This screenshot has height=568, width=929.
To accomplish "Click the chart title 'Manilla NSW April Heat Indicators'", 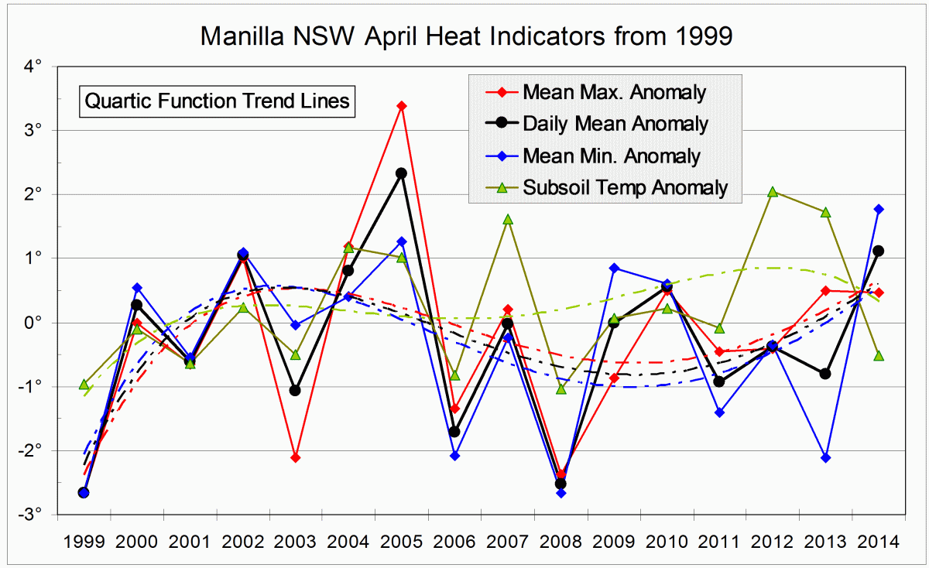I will point(465,36).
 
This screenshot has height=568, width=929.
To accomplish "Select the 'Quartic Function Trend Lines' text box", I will point(218,101).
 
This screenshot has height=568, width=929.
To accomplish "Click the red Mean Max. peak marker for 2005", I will point(401,105).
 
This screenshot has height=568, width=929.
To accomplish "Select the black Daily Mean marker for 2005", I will point(401,173).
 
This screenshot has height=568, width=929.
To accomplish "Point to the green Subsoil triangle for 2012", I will point(773,192).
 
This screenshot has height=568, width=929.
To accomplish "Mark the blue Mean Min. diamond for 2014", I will point(878,209).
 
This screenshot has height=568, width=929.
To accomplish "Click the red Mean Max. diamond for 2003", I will point(295,458).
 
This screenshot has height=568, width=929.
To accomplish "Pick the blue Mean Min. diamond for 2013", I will point(825,458).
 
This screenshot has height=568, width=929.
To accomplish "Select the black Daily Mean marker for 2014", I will point(878,251).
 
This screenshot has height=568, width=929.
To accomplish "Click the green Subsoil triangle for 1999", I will point(84,384).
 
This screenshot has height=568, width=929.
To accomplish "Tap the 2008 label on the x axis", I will point(560,542).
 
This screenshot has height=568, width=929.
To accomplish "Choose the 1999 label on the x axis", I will point(84,542).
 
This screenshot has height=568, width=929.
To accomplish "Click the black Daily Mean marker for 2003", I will point(295,391).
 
